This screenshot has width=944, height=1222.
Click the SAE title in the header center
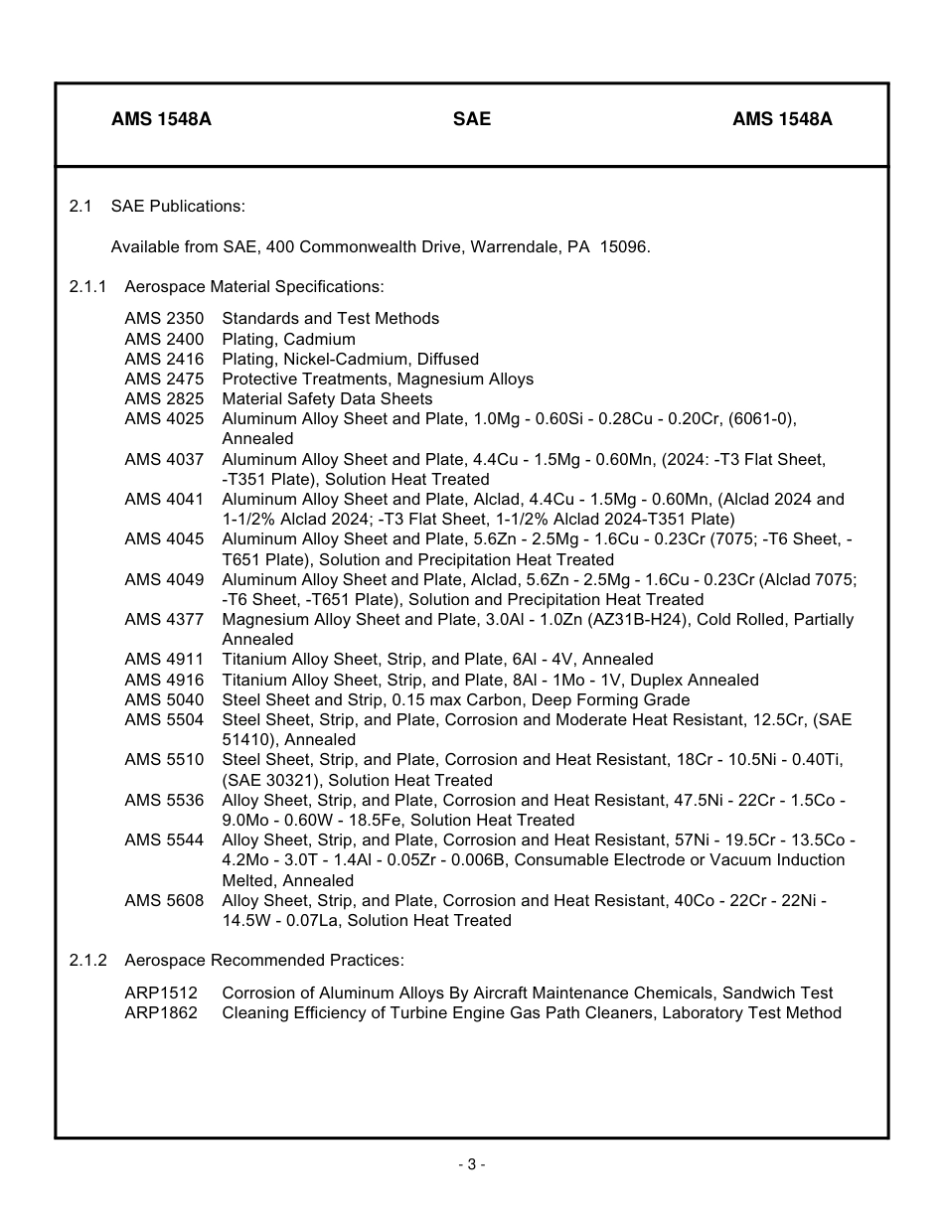pyautogui.click(x=471, y=119)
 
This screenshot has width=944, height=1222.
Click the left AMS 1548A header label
pyautogui.click(x=161, y=119)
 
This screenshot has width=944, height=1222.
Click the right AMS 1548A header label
pyautogui.click(x=782, y=119)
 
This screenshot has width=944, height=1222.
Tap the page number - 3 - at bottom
pyautogui.click(x=472, y=1164)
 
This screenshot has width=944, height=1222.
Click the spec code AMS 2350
pyautogui.click(x=164, y=319)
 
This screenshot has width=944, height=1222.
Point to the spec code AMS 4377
pyautogui.click(x=164, y=620)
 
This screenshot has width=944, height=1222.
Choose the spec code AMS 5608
pyautogui.click(x=164, y=900)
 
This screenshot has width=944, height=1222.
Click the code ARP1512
pyautogui.click(x=161, y=993)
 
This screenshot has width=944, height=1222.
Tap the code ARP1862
pyautogui.click(x=161, y=1012)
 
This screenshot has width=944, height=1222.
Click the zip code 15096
pyautogui.click(x=625, y=246)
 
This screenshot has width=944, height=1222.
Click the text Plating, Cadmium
pyautogui.click(x=288, y=339)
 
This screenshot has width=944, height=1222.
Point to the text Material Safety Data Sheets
pyautogui.click(x=327, y=399)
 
